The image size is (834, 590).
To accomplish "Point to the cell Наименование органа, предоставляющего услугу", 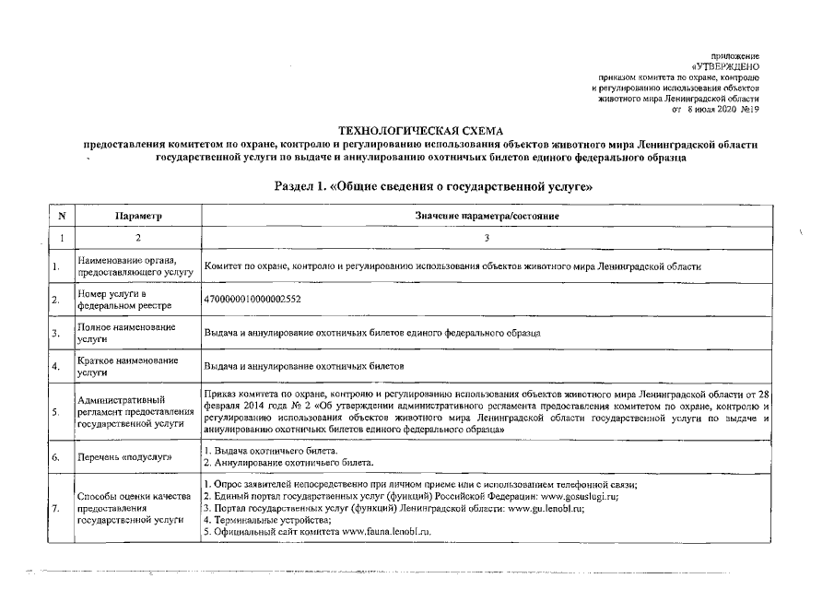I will point(134,266).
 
